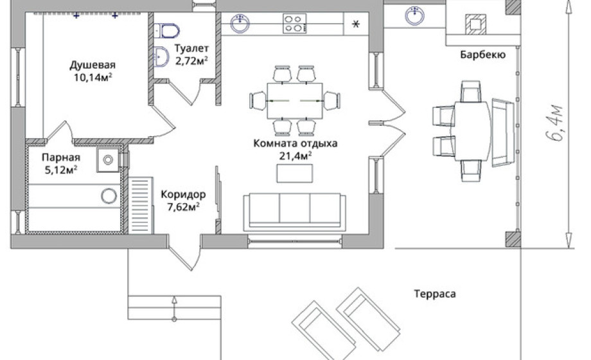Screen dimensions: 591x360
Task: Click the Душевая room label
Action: click(93, 65)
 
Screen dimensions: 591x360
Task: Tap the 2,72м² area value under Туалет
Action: click(191, 61)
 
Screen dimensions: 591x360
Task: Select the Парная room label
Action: click(60, 157)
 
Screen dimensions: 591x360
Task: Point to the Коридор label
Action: click(183, 194)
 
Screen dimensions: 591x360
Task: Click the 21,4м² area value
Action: click(295, 156)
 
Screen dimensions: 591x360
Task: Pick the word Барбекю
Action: click(483, 55)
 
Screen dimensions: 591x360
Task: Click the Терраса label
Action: click(435, 294)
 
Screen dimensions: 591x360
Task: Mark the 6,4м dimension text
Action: click(556, 123)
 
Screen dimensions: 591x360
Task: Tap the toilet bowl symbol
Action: click(166, 31)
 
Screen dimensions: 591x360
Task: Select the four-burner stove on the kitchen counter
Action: click(295, 23)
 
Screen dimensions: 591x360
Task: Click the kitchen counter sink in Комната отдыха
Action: click(240, 23)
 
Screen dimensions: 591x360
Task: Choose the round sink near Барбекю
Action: click(414, 16)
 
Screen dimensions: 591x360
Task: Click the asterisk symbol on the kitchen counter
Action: click(356, 24)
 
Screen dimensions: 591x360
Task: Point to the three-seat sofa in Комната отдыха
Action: click(294, 212)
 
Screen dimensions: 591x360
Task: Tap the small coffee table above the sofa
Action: click(294, 174)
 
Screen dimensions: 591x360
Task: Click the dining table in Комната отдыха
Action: click(295, 101)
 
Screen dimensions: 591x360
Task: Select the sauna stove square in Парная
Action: click(108, 160)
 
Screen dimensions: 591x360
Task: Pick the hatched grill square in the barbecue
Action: click(475, 24)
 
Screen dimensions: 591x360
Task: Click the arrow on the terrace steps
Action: click(174, 308)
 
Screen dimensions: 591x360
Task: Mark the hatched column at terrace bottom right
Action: click(513, 239)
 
